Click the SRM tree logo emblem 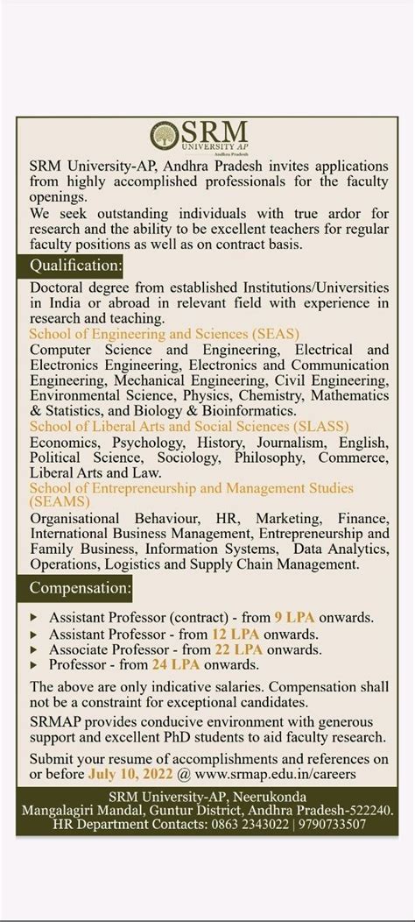(165, 136)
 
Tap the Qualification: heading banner (76, 265)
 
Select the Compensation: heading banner (81, 587)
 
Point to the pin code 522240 (369, 810)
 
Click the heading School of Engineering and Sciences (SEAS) (164, 334)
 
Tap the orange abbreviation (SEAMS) (60, 501)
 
